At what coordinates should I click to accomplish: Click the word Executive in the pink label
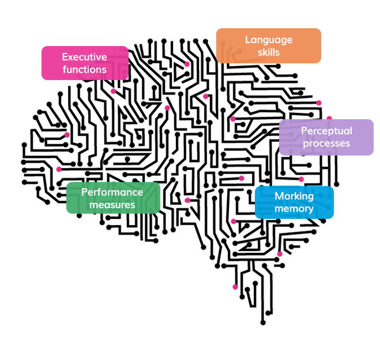pos(84,57)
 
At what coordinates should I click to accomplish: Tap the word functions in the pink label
pos(84,70)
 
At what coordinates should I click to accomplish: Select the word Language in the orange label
pos(269,40)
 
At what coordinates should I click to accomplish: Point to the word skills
pos(269,52)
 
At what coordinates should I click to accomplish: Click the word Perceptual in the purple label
pos(326,131)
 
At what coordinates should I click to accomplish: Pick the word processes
pos(326,143)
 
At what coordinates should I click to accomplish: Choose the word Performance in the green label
pos(112,192)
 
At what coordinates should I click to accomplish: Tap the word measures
pos(112,205)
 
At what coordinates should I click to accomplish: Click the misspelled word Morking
pos(294,196)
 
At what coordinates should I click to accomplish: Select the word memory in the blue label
pos(294,209)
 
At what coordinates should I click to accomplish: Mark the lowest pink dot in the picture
pos(235,287)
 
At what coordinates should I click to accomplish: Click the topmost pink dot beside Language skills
pos(187,64)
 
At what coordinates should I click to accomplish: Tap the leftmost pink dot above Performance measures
pos(59,169)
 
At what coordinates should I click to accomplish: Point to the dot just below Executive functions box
pos(113,91)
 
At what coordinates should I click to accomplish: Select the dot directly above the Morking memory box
pos(301,179)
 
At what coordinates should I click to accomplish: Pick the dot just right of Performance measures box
pos(187,200)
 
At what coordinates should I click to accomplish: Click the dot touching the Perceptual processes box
pos(329,119)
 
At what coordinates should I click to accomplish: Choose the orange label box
pos(269,46)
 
